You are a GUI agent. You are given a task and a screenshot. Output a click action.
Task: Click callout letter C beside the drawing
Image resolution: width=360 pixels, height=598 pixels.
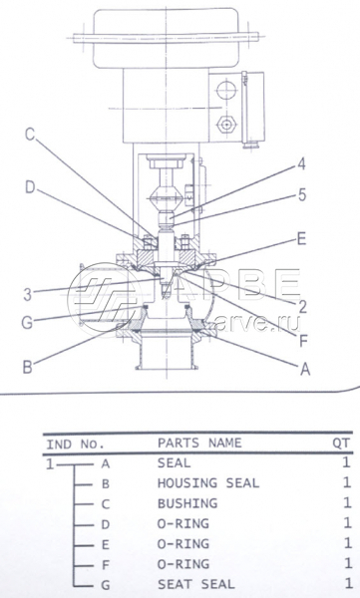30,135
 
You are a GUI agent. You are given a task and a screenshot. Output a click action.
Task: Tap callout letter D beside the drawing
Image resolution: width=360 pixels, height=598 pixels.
31,187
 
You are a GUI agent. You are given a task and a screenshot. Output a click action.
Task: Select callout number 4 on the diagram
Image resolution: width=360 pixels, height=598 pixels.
301,164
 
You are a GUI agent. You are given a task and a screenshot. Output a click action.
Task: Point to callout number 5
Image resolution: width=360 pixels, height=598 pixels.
302,195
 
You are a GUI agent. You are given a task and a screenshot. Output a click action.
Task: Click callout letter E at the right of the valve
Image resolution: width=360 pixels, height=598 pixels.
301,239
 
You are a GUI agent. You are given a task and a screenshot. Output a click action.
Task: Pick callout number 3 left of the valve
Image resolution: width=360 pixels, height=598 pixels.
28,294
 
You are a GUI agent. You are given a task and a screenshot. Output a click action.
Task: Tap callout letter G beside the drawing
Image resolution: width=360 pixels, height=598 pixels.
28,323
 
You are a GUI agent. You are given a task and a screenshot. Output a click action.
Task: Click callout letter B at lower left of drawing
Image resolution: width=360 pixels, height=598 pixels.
28,367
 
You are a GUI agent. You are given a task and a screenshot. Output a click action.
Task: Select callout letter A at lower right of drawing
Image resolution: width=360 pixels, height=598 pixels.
305,369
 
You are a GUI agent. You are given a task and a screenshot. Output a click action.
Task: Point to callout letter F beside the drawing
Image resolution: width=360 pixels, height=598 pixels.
303,341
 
